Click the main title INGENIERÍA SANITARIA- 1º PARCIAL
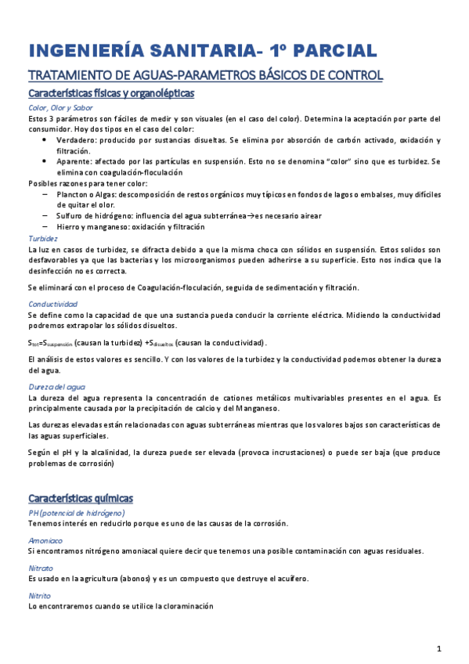click(x=202, y=52)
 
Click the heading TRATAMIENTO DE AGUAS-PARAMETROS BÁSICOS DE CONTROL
click(x=205, y=76)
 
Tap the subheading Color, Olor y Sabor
click(x=60, y=108)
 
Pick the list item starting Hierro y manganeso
click(x=130, y=226)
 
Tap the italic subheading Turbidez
click(x=42, y=238)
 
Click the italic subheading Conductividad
click(x=52, y=304)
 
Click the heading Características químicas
click(x=81, y=498)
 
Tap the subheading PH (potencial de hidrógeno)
click(x=81, y=512)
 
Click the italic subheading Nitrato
click(x=41, y=568)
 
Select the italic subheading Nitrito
click(x=40, y=596)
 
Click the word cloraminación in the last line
click(x=185, y=607)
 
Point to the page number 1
click(x=439, y=648)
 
